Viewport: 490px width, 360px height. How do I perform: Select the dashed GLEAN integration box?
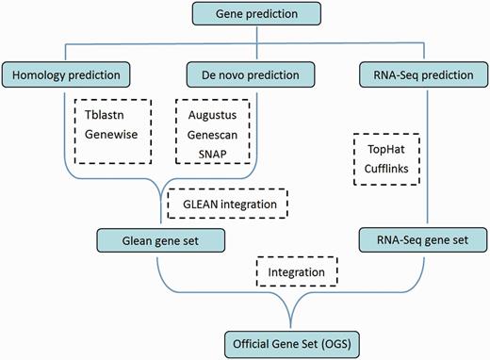click(226, 202)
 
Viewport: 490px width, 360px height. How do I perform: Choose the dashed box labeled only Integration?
click(296, 273)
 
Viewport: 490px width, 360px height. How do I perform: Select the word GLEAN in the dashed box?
click(195, 202)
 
